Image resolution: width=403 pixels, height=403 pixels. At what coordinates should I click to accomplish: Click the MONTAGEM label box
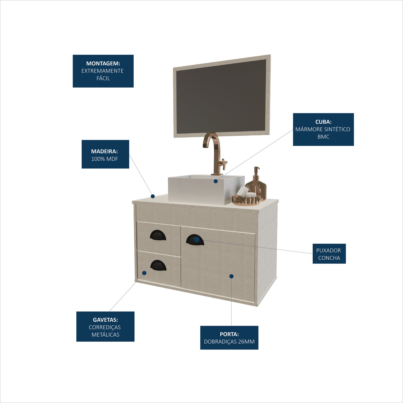coord(103,71)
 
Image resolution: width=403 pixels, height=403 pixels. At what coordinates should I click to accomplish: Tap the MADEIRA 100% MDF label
coord(105,154)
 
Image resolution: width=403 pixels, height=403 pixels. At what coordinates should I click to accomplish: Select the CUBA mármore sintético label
coord(323,129)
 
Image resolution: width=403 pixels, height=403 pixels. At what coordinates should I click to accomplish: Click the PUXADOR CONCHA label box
coord(329,254)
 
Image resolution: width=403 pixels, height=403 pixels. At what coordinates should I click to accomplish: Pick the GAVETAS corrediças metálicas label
coord(105,327)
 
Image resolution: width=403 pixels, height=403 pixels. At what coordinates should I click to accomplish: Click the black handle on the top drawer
coord(158,235)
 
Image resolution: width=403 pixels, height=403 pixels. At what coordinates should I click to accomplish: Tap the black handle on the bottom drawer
coord(158,266)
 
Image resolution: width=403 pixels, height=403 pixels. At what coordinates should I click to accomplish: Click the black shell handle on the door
coord(195,240)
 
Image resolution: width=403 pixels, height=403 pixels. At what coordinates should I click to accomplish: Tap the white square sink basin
coord(206,189)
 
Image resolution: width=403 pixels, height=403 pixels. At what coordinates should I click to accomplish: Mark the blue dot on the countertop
coord(153,196)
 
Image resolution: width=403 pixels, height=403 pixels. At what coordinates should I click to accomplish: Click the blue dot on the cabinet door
coord(231,276)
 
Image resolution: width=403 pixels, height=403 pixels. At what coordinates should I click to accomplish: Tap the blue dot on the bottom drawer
coord(144,273)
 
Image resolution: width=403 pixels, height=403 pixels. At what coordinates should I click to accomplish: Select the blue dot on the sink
coord(216,181)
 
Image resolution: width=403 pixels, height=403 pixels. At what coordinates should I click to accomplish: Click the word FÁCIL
coord(103,78)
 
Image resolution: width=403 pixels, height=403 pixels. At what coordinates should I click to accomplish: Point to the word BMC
coord(323,137)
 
